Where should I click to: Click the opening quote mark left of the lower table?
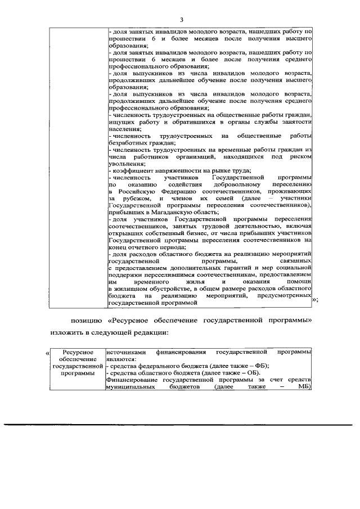47,353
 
